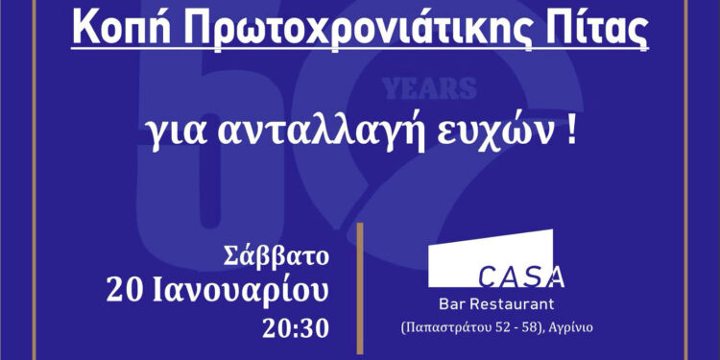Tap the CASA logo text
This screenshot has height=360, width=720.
(x=521, y=278)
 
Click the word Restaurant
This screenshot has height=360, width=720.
(x=515, y=305)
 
